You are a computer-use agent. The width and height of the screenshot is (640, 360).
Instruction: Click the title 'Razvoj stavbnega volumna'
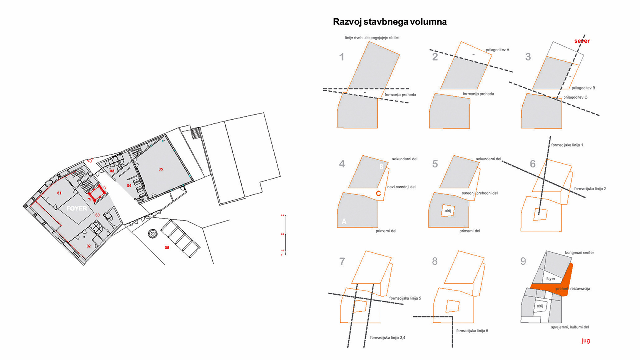point(390,22)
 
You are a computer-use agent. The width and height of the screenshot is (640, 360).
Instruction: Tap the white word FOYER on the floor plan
point(77,208)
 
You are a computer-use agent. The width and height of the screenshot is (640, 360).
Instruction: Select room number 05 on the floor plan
point(161,169)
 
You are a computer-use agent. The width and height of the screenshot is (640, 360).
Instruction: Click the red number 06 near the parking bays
point(167,248)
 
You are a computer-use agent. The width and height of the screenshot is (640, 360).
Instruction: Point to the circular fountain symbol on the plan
point(153,234)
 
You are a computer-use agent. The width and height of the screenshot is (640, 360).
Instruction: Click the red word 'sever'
point(582,41)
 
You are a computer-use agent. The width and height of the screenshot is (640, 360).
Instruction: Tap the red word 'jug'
point(586,340)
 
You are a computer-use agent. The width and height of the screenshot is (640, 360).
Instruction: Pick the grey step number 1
point(342,57)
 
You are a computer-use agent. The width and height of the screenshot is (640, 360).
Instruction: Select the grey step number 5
point(435,164)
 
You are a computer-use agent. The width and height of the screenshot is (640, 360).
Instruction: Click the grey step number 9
point(523,261)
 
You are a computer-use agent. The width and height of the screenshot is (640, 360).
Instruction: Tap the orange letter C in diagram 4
point(378,194)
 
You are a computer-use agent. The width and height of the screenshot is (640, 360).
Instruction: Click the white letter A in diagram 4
point(344,221)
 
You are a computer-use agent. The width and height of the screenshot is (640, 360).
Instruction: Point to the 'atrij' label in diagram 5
point(448,211)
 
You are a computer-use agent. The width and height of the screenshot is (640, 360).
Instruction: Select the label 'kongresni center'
point(579,253)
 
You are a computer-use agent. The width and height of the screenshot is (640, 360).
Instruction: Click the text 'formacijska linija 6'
point(472,331)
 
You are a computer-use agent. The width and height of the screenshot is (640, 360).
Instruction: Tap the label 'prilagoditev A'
point(497,50)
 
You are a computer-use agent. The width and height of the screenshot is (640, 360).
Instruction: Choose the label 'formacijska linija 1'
point(567,145)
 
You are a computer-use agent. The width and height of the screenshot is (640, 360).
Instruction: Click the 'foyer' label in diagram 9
point(551,279)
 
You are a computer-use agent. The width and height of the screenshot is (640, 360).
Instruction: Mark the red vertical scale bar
point(285,235)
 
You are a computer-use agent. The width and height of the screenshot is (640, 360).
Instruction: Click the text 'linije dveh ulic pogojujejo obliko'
point(372,38)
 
